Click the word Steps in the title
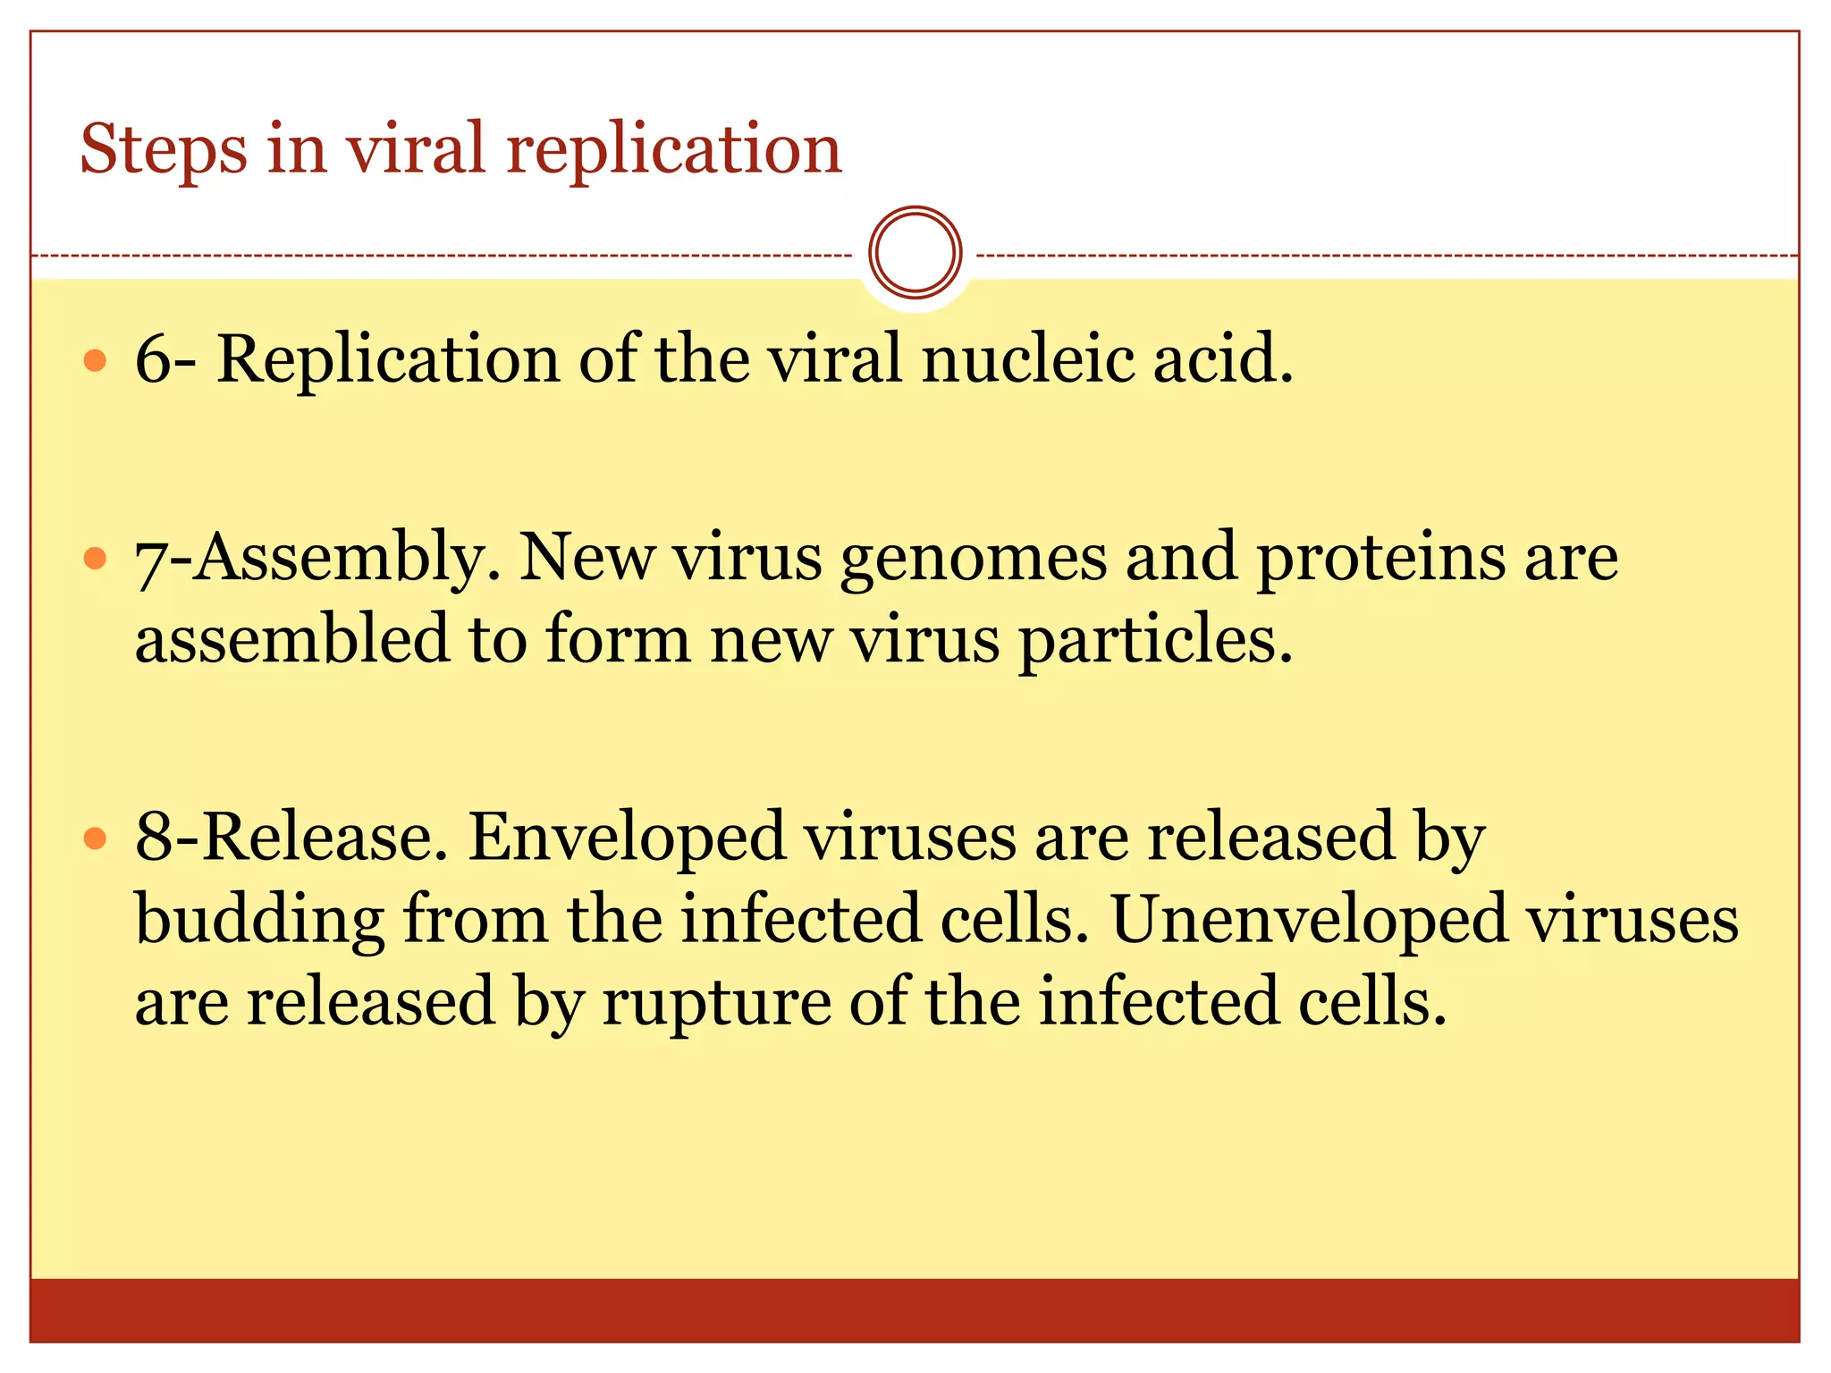click(164, 148)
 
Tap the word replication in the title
click(674, 148)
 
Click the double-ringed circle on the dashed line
click(915, 252)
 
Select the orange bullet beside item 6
click(95, 360)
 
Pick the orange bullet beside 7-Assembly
click(95, 559)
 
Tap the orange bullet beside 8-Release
click(95, 838)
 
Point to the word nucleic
click(1027, 358)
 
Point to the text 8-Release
click(291, 837)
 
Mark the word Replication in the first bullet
click(388, 358)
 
